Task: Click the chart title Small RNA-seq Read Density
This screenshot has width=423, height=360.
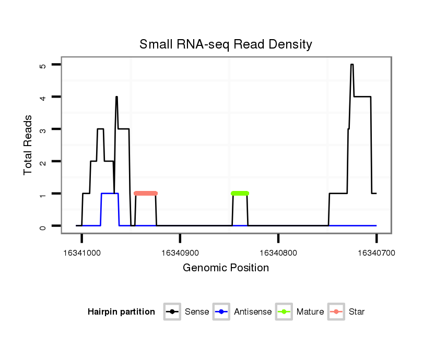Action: [x=226, y=45]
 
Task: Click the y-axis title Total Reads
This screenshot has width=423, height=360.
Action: [x=28, y=145]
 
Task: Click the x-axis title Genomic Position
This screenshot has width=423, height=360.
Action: [x=226, y=268]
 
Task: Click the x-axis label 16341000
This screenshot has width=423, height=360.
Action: [x=81, y=253]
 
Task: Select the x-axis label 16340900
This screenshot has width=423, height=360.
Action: [x=180, y=253]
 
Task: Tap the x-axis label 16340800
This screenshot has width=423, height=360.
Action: [x=278, y=253]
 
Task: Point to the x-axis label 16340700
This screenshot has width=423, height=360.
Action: [x=377, y=253]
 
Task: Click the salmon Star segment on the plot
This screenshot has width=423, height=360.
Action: [x=146, y=194]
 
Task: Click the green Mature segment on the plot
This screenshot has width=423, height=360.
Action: [x=240, y=194]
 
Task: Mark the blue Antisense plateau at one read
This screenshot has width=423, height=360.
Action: [x=110, y=194]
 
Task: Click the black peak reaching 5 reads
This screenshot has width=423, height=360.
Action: [x=352, y=65]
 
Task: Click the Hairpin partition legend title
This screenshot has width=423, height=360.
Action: [x=121, y=312]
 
